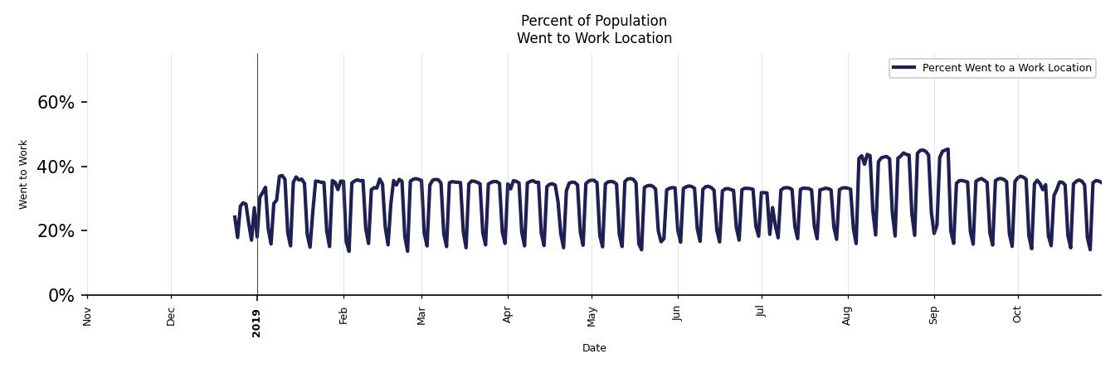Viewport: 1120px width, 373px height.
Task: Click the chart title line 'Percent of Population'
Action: click(x=594, y=21)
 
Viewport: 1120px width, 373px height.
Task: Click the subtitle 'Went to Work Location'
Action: click(x=594, y=38)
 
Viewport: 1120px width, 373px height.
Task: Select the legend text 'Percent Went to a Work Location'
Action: click(x=1006, y=68)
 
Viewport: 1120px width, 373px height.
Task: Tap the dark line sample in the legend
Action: click(x=904, y=68)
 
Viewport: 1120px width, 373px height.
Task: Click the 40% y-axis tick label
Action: click(x=56, y=167)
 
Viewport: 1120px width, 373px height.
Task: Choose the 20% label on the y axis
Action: click(x=56, y=231)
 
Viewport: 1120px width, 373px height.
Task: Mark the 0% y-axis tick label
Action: click(x=61, y=296)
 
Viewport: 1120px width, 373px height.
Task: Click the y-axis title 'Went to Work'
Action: click(x=23, y=174)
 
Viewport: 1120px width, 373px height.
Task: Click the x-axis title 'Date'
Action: click(x=594, y=348)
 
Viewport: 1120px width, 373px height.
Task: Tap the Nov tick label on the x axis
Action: click(x=87, y=316)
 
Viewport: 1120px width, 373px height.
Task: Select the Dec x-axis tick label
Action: click(x=171, y=316)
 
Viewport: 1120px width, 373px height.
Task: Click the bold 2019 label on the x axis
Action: click(x=256, y=322)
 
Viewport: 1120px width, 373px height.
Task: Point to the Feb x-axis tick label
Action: click(x=343, y=315)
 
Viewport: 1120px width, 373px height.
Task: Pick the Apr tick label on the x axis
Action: click(x=508, y=315)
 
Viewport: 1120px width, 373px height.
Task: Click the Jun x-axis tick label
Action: click(x=677, y=314)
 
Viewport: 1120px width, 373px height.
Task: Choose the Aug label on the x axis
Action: click(x=847, y=316)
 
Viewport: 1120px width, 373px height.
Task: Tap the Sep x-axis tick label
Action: click(x=933, y=315)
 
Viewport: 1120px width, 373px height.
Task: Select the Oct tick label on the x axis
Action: click(x=1018, y=314)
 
